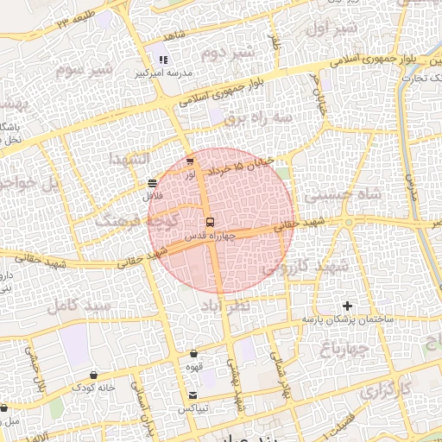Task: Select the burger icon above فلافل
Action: [x=152, y=183]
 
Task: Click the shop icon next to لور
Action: [x=190, y=162]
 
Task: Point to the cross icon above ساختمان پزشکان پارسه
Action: [x=348, y=306]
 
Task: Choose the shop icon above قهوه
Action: [x=193, y=353]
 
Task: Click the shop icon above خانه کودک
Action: [x=93, y=376]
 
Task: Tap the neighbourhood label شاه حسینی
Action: [x=372, y=195]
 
